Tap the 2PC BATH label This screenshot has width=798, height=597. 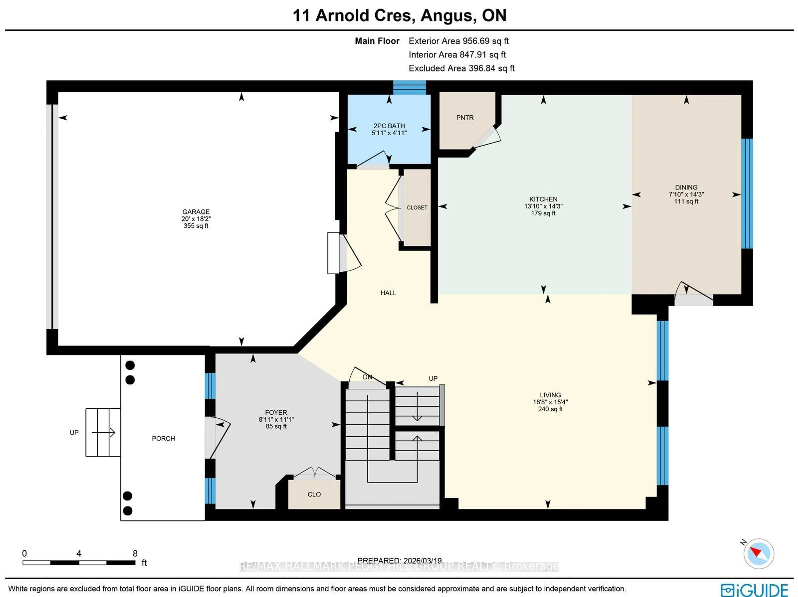click(x=389, y=126)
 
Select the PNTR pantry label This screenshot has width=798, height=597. click(x=465, y=118)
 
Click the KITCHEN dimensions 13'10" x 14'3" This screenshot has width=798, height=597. click(x=543, y=206)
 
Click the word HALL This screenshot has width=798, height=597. click(x=388, y=293)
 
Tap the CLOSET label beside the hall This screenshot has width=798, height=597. click(x=417, y=208)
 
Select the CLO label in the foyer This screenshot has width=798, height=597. click(x=314, y=494)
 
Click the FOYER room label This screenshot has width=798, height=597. click(x=276, y=412)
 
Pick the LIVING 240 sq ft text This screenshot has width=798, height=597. click(x=550, y=409)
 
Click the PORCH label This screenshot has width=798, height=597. click(x=163, y=438)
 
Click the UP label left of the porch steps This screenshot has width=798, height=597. click(x=74, y=433)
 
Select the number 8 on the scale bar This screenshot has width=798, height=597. click(x=135, y=553)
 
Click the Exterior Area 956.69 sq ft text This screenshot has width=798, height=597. click(x=458, y=41)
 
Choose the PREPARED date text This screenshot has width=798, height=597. click(x=399, y=561)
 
